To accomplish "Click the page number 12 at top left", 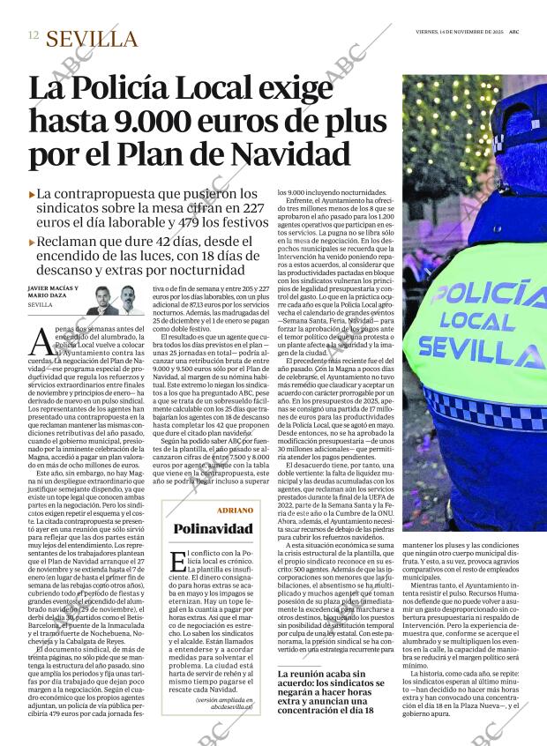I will pos(33,36).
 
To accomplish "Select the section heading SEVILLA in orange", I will pos(92,39).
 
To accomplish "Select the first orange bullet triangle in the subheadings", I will pos(33,194).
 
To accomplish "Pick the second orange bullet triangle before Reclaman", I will pos(33,240).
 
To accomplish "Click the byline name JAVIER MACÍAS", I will pos(51,288).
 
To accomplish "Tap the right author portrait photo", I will pos(129,300).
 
